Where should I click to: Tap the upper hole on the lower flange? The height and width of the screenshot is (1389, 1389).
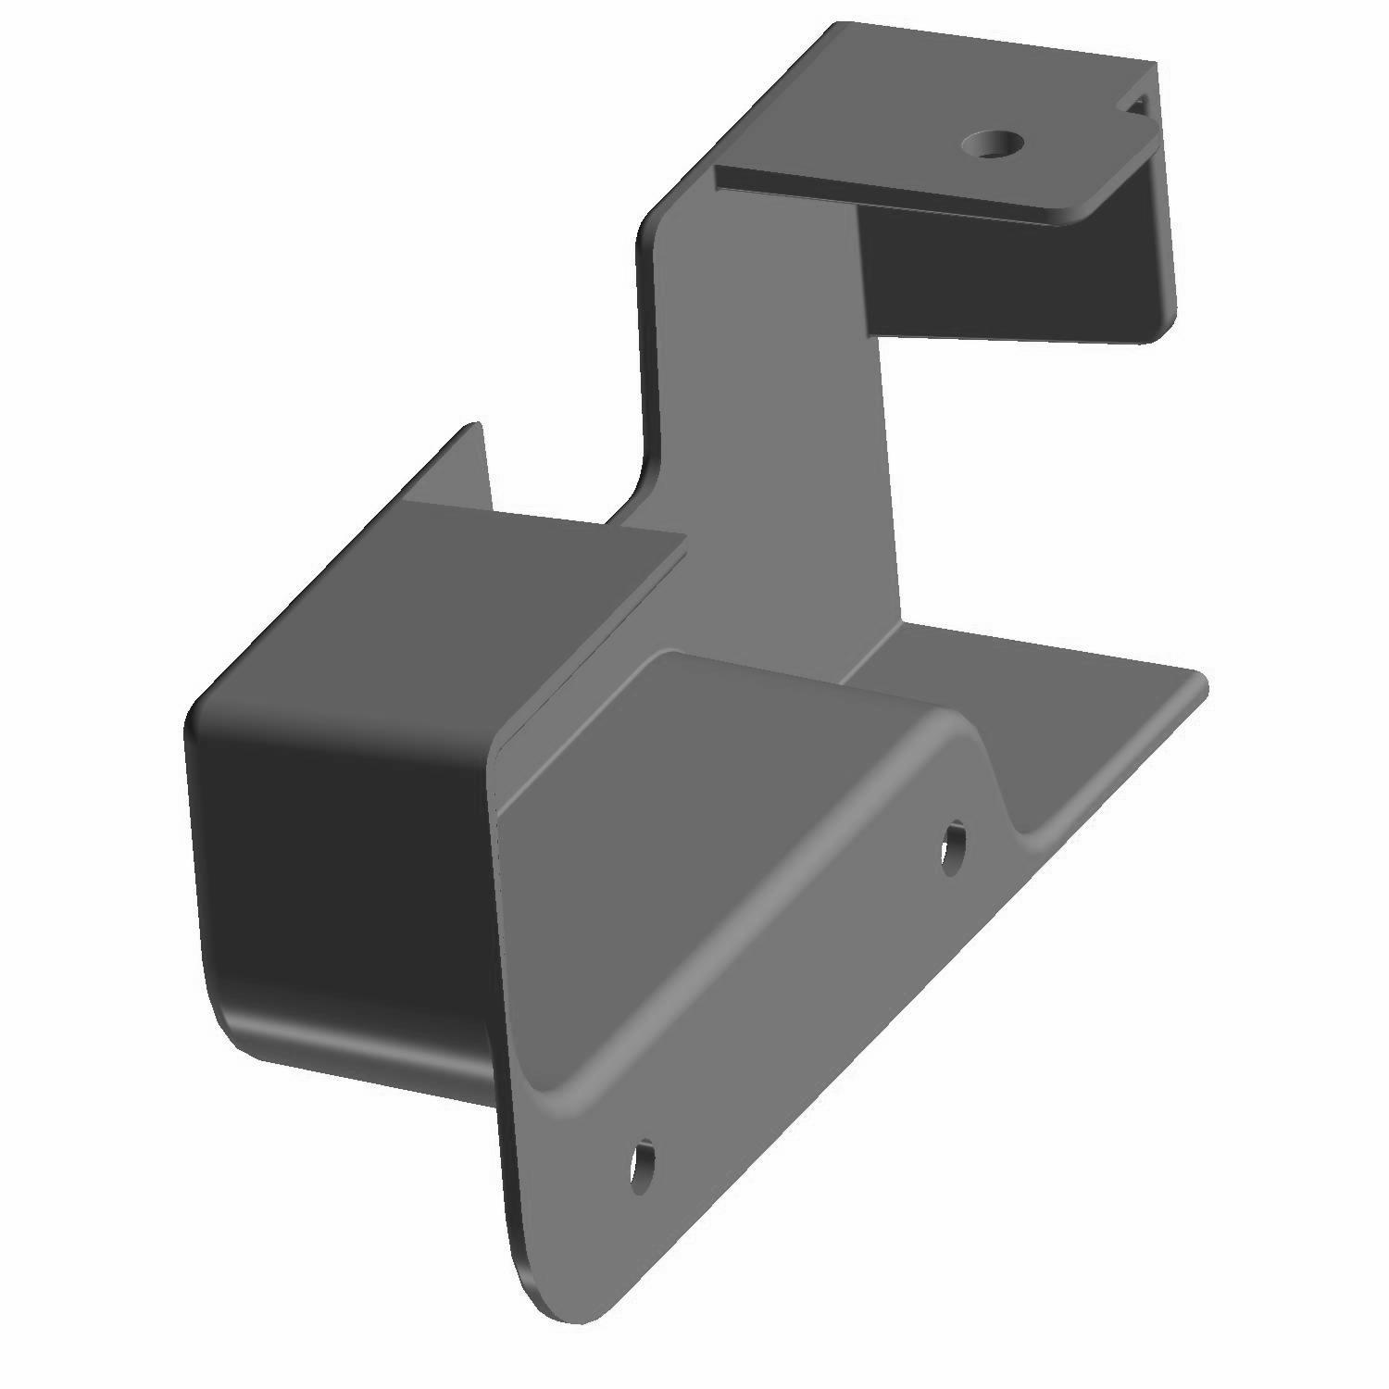pos(953,845)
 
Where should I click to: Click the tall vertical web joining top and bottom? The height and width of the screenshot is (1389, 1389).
pos(769,417)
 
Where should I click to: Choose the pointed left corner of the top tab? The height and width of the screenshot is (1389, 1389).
pos(720,176)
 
